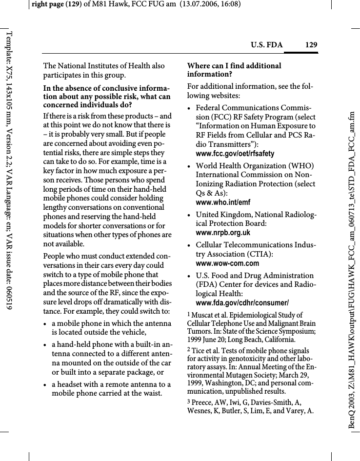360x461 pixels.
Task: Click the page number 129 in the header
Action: tap(311, 45)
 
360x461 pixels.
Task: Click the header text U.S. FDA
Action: tap(266, 45)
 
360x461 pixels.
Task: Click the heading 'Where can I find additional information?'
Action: tap(234, 70)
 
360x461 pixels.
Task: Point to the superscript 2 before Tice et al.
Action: tap(189, 350)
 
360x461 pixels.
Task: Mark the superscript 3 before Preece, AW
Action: tap(189, 401)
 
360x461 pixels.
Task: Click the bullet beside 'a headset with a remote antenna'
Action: tap(46, 385)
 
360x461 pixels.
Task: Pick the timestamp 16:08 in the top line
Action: tap(230, 4)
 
